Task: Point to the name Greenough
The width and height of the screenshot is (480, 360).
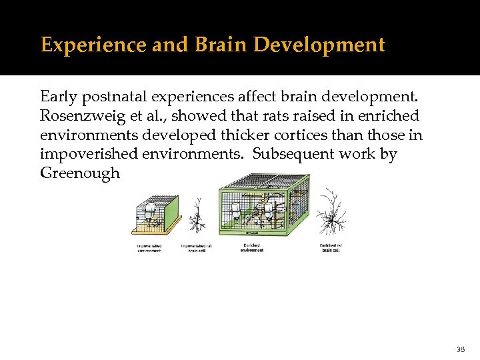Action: click(80, 173)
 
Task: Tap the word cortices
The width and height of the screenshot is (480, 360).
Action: click(315, 135)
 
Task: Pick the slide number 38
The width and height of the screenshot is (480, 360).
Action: click(461, 349)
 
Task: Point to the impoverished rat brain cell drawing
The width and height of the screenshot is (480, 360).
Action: click(197, 217)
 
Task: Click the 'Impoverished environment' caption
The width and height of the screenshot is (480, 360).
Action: click(149, 247)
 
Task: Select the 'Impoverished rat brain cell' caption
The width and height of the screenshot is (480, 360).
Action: click(197, 247)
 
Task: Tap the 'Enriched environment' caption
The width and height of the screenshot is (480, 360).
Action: click(252, 247)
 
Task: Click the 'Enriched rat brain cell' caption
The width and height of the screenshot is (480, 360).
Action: click(331, 247)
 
